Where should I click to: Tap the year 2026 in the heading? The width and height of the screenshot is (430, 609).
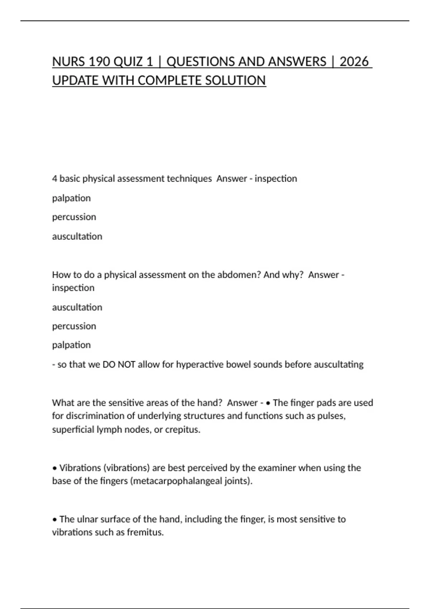coord(354,62)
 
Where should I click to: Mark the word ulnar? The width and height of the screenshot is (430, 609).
coord(88,519)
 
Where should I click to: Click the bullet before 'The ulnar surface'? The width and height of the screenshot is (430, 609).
coord(55,519)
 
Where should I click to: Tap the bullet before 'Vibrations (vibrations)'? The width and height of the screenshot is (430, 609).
coord(55,468)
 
